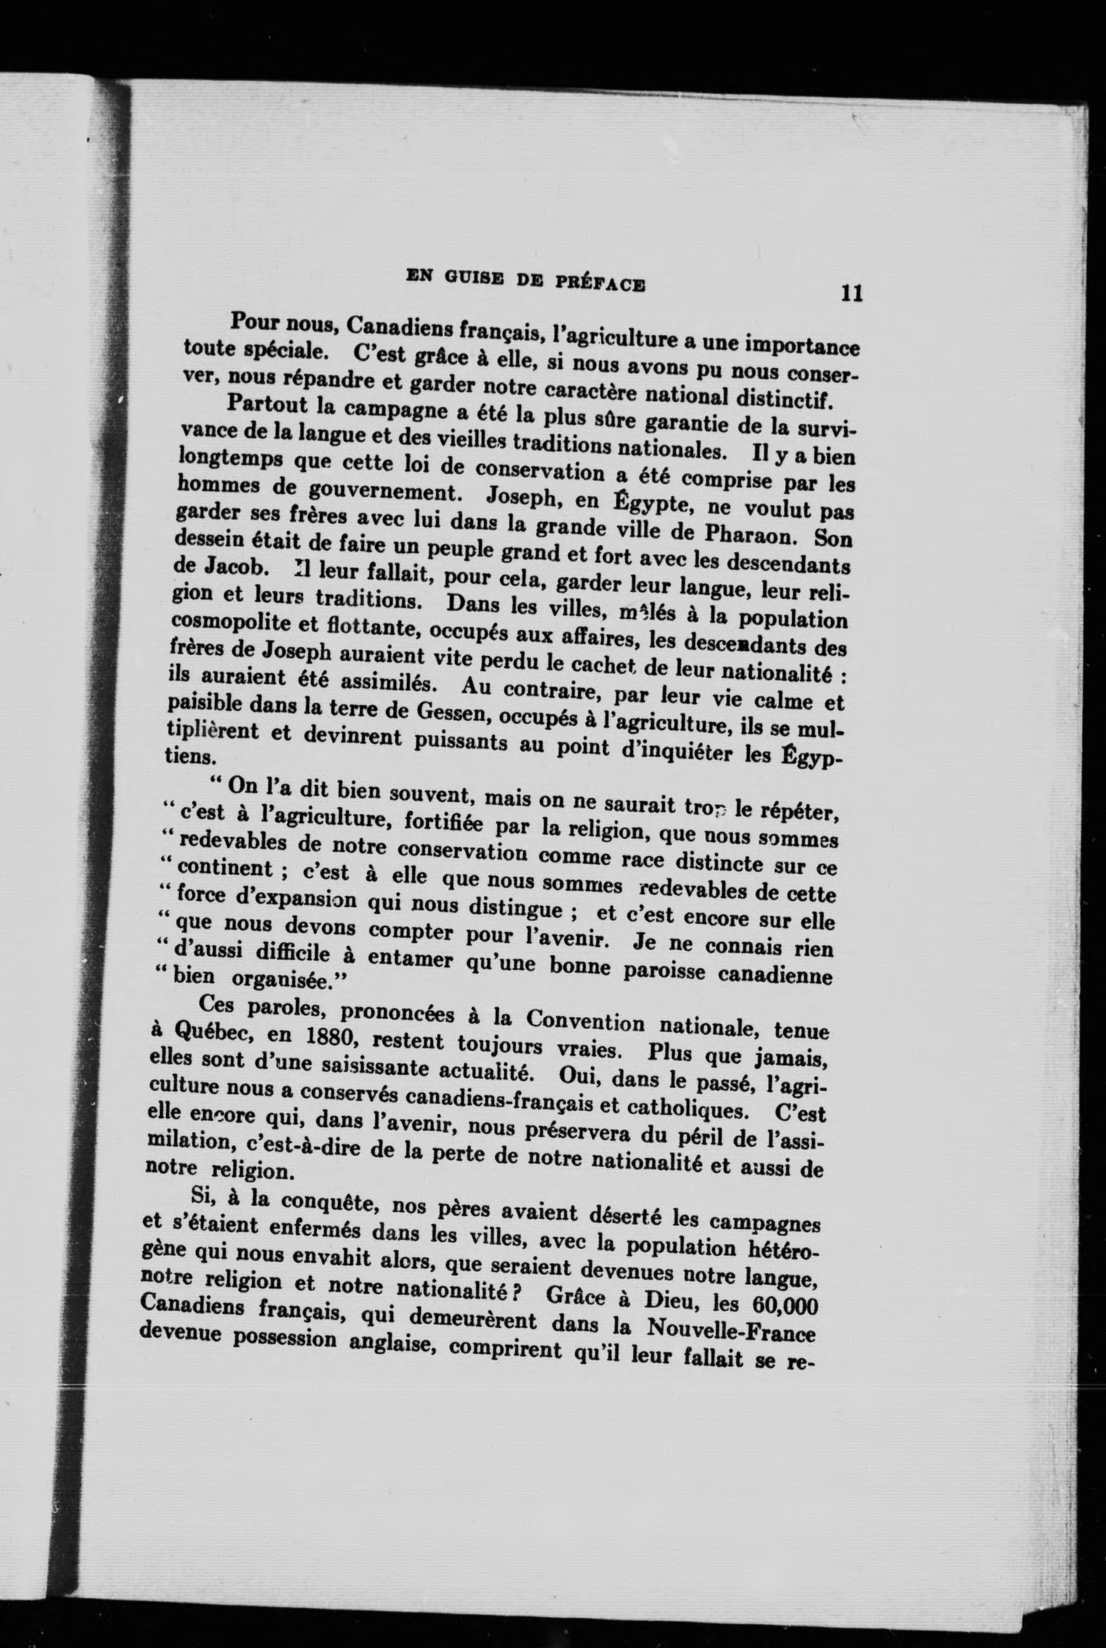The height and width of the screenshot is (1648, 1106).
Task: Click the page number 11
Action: point(851,293)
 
